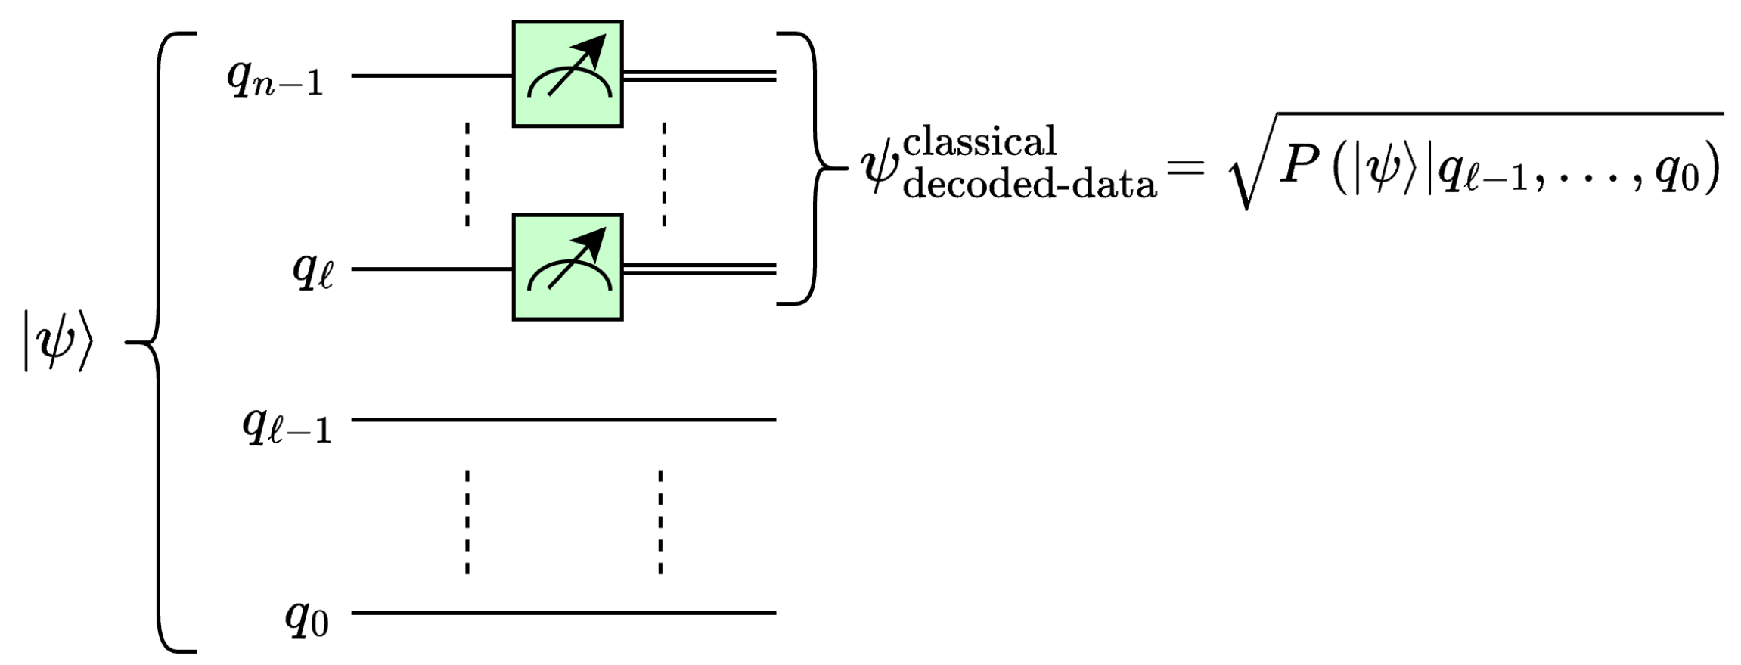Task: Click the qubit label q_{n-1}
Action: pyautogui.click(x=275, y=78)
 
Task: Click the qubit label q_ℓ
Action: pyautogui.click(x=312, y=272)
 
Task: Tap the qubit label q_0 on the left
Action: pyautogui.click(x=306, y=619)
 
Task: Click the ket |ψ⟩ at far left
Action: pyautogui.click(x=57, y=347)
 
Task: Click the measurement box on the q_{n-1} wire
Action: pyautogui.click(x=567, y=74)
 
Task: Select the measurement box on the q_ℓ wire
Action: pyautogui.click(x=567, y=268)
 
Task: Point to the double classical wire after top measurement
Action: pyautogui.click(x=700, y=74)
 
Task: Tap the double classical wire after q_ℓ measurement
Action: pyautogui.click(x=700, y=268)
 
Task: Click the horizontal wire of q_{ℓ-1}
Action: pyautogui.click(x=563, y=419)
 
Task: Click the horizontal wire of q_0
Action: pyautogui.click(x=563, y=612)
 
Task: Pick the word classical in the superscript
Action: pyautogui.click(x=979, y=141)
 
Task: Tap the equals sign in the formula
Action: pyautogui.click(x=1184, y=165)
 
